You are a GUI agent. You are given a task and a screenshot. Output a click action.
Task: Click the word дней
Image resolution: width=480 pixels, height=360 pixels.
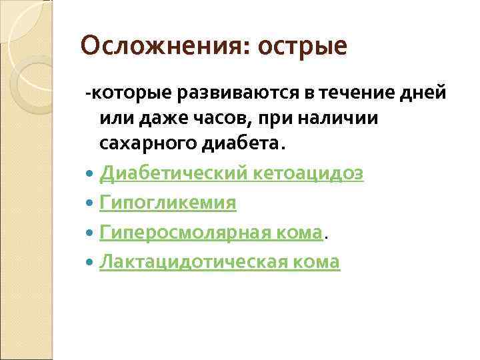point(424,93)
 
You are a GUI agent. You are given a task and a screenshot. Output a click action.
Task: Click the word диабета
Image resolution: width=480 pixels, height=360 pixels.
point(239,143)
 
